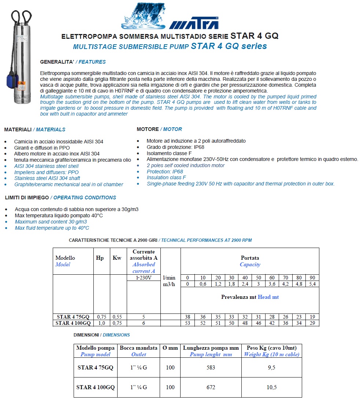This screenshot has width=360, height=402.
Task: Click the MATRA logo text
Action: click(x=194, y=24)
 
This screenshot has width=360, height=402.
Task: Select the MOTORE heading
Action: click(x=148, y=129)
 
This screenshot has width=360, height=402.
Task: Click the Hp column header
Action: click(x=100, y=258)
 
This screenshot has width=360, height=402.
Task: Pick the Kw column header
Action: click(x=117, y=258)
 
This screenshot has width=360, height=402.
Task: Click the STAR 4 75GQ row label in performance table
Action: click(x=73, y=317)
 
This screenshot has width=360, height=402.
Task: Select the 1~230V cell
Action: click(x=144, y=278)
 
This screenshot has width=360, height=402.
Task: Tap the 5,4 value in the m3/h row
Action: click(x=312, y=284)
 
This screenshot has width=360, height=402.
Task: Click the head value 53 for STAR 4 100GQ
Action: click(x=188, y=323)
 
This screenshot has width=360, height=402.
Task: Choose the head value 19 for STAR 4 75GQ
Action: click(x=312, y=317)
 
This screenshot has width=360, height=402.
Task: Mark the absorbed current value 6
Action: click(x=144, y=323)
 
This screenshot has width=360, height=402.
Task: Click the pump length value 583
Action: click(x=211, y=368)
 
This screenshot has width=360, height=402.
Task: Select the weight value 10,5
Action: click(x=271, y=387)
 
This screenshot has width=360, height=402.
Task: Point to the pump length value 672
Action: click(x=211, y=387)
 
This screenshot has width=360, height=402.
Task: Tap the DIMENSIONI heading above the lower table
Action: click(x=86, y=335)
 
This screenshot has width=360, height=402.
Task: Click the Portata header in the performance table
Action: click(x=250, y=258)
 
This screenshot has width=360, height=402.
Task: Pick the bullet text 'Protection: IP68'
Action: click(x=165, y=172)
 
